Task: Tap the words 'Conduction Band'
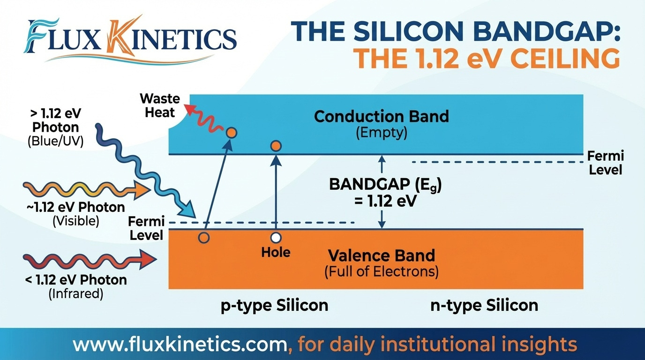(x=381, y=116)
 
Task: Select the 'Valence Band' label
(x=381, y=255)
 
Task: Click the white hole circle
(x=276, y=238)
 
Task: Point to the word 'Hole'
(x=276, y=253)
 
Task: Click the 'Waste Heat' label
(x=160, y=105)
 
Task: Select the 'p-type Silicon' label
(x=274, y=306)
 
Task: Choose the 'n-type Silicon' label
(x=484, y=306)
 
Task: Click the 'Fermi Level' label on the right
(x=606, y=163)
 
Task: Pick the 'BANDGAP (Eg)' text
(x=385, y=185)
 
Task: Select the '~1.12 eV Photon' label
(x=75, y=207)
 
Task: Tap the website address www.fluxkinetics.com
(x=179, y=345)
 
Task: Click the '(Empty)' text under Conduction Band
(x=381, y=133)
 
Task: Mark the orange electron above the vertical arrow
(x=276, y=146)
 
